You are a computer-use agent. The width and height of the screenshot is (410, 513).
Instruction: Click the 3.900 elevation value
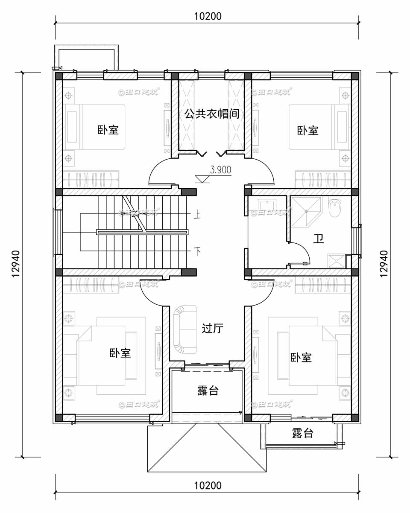click(x=220, y=170)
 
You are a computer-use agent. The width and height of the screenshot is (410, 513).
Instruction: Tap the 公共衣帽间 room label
click(x=211, y=114)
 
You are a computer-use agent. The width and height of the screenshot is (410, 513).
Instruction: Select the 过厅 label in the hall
click(x=212, y=328)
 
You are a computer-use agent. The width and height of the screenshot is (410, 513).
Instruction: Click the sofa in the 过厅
click(x=184, y=329)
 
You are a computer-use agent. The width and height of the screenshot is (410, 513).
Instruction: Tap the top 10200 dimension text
click(x=208, y=17)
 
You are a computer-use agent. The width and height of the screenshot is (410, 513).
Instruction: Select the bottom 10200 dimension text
click(x=208, y=486)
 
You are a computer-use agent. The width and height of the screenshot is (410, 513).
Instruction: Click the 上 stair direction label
click(x=197, y=213)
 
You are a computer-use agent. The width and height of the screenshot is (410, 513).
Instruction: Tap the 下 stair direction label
click(x=197, y=251)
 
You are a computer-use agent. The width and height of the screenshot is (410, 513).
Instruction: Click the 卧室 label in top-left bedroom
click(x=108, y=130)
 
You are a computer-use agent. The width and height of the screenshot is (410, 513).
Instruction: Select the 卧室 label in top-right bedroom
click(x=308, y=130)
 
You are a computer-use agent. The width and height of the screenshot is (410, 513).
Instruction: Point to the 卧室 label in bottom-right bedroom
click(x=301, y=357)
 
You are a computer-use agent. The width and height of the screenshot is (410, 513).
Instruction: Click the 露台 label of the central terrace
click(x=208, y=391)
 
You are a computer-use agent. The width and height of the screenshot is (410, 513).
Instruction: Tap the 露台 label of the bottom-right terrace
click(x=303, y=434)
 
